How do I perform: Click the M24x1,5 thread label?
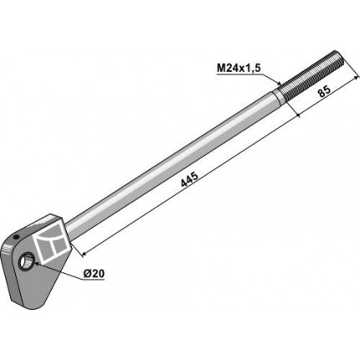point(239,69)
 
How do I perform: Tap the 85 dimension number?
point(324,91)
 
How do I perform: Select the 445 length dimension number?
point(189,179)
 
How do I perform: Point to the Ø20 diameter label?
point(94,274)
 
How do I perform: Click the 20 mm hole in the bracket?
point(26,260)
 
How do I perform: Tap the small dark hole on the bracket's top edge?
point(16,237)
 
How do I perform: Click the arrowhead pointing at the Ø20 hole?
point(37,263)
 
